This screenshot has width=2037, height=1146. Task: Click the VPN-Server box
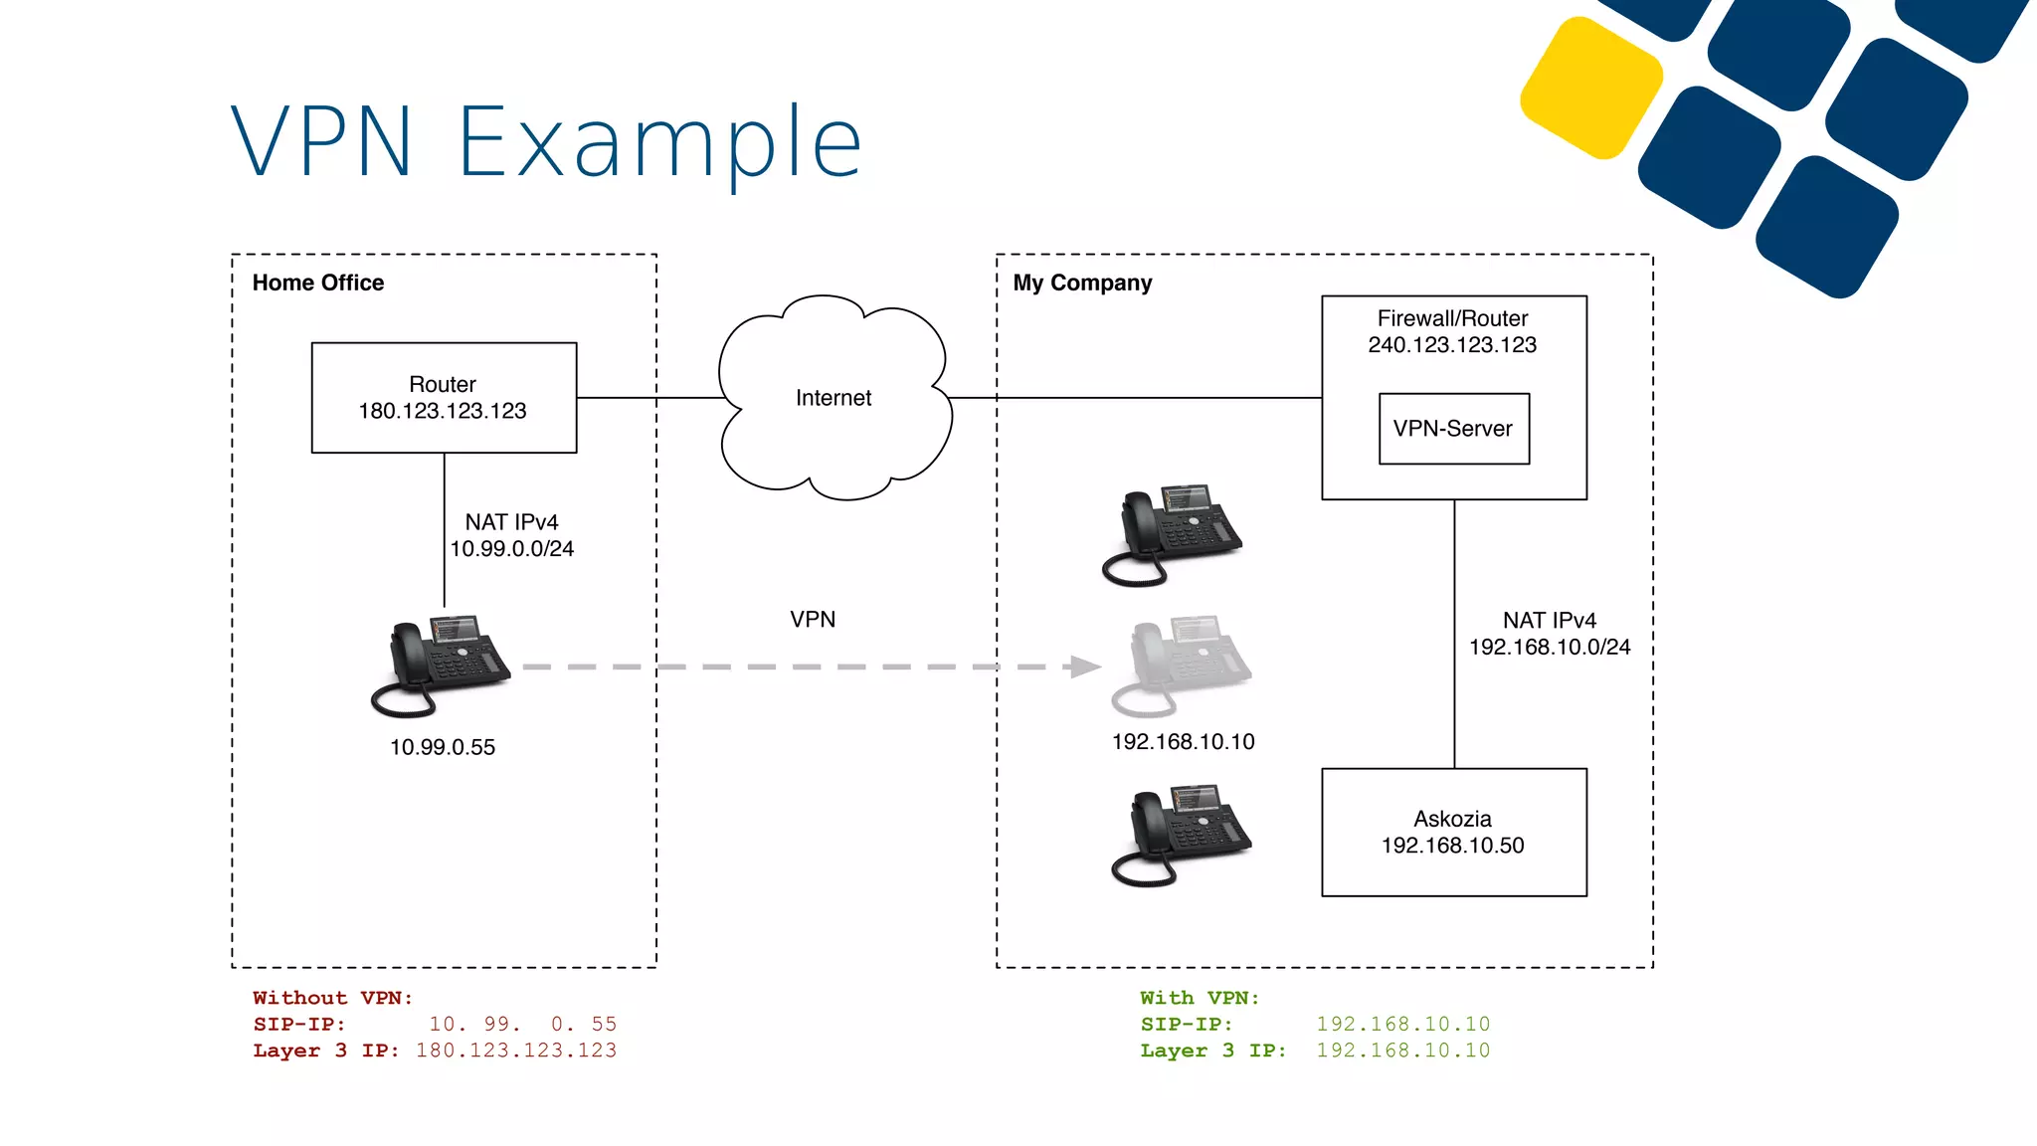[1453, 429]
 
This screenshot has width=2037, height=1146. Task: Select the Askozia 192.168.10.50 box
[1453, 833]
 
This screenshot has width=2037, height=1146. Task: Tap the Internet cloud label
[833, 398]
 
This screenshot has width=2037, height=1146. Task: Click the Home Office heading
[318, 284]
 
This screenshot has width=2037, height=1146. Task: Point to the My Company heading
[1082, 284]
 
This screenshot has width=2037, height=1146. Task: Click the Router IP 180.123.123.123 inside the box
[443, 411]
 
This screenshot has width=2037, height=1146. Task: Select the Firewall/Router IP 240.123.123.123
[1452, 345]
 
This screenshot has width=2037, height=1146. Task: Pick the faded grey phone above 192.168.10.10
[1181, 665]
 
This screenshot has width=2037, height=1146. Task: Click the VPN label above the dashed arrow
[813, 620]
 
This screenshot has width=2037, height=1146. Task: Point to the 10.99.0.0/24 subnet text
[511, 549]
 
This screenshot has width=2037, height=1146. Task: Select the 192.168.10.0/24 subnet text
[1550, 648]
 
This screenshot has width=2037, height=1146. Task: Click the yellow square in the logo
[1591, 88]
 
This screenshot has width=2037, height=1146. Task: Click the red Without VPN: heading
[332, 998]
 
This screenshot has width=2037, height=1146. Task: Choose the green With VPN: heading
[1200, 998]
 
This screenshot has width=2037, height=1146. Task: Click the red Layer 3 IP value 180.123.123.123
[516, 1050]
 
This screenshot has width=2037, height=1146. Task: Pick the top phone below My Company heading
[1172, 534]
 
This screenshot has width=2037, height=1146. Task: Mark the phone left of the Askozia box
[1181, 835]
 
